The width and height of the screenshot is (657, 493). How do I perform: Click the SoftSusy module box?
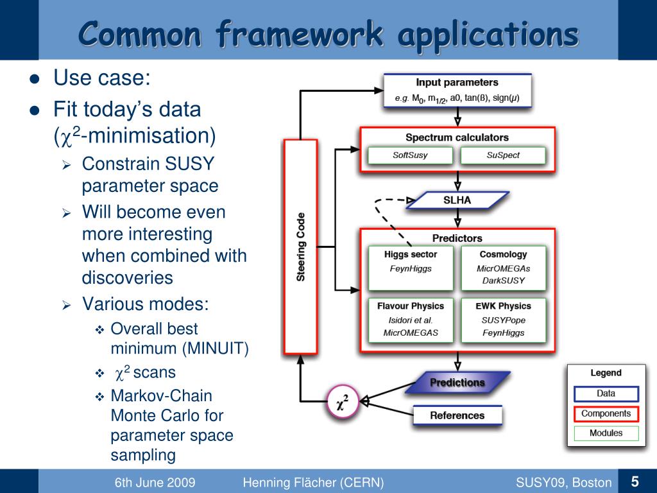410,155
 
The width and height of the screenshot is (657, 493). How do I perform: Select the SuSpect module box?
503,155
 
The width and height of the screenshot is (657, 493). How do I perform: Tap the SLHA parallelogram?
457,200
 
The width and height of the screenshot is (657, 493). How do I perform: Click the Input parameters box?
457,91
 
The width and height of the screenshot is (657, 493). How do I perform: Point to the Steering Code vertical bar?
300,246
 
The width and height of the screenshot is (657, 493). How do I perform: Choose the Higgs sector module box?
411,267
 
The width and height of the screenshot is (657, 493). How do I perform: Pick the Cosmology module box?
503,267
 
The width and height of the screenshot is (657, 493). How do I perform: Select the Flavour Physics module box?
411,319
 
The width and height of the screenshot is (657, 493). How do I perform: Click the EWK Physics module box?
503,319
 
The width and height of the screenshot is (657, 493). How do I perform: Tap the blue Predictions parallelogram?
457,383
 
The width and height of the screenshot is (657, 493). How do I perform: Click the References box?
457,415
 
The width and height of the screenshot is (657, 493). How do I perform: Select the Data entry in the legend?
606,394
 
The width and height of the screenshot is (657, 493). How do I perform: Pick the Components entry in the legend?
606,414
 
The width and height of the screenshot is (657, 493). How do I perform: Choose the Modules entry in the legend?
606,433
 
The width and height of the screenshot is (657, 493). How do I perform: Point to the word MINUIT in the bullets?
215,349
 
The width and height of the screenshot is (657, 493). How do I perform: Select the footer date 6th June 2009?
155,483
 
